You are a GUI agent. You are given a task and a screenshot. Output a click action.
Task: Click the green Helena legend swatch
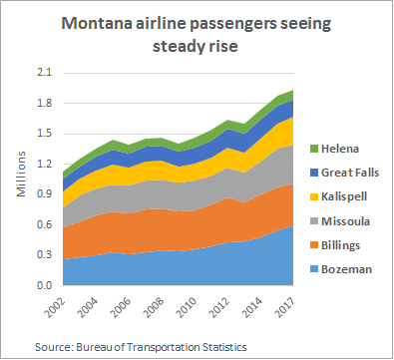314,149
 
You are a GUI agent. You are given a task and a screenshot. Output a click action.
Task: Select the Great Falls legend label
350,173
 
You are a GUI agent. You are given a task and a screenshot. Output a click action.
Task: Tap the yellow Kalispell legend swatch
314,196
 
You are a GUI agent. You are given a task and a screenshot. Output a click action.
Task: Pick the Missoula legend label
345,221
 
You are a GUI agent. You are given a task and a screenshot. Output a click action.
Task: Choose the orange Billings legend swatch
314,245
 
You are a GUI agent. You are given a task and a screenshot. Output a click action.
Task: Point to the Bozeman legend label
346,269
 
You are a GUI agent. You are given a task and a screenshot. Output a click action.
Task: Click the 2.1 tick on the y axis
45,73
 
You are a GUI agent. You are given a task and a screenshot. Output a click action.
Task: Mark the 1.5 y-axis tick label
45,134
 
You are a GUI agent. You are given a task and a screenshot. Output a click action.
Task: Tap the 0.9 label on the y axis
45,194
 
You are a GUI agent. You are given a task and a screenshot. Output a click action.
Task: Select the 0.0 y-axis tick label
45,285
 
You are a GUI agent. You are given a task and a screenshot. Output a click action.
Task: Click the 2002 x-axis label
55,307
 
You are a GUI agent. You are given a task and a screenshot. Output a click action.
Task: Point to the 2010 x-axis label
186,307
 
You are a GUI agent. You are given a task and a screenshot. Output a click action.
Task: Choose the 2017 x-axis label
284,307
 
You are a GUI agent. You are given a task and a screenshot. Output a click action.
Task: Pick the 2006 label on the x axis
121,307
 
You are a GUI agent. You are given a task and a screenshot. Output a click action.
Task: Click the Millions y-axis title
21,174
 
